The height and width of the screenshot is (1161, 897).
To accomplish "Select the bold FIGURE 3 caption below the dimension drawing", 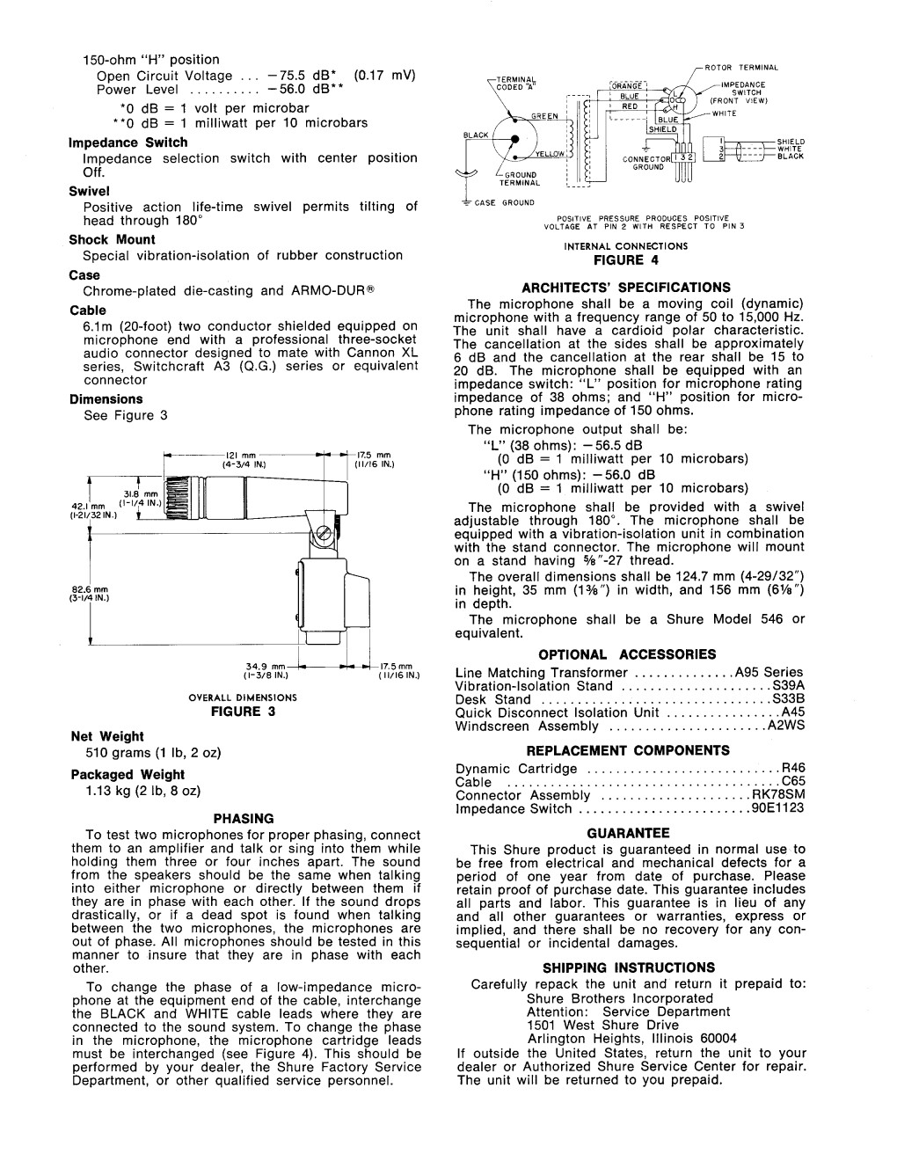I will click(x=244, y=712).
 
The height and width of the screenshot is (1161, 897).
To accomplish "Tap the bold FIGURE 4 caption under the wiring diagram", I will click(x=625, y=259).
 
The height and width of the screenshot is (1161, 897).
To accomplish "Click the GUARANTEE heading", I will click(x=629, y=833).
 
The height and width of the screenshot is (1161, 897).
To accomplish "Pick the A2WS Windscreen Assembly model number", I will click(x=786, y=727).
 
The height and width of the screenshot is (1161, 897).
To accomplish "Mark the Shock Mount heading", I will click(x=112, y=239).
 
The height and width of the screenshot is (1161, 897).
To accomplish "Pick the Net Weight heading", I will click(x=107, y=736).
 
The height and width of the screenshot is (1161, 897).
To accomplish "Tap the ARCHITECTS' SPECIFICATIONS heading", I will click(x=625, y=288).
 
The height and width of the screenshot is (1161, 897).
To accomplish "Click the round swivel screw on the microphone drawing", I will click(x=325, y=531).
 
